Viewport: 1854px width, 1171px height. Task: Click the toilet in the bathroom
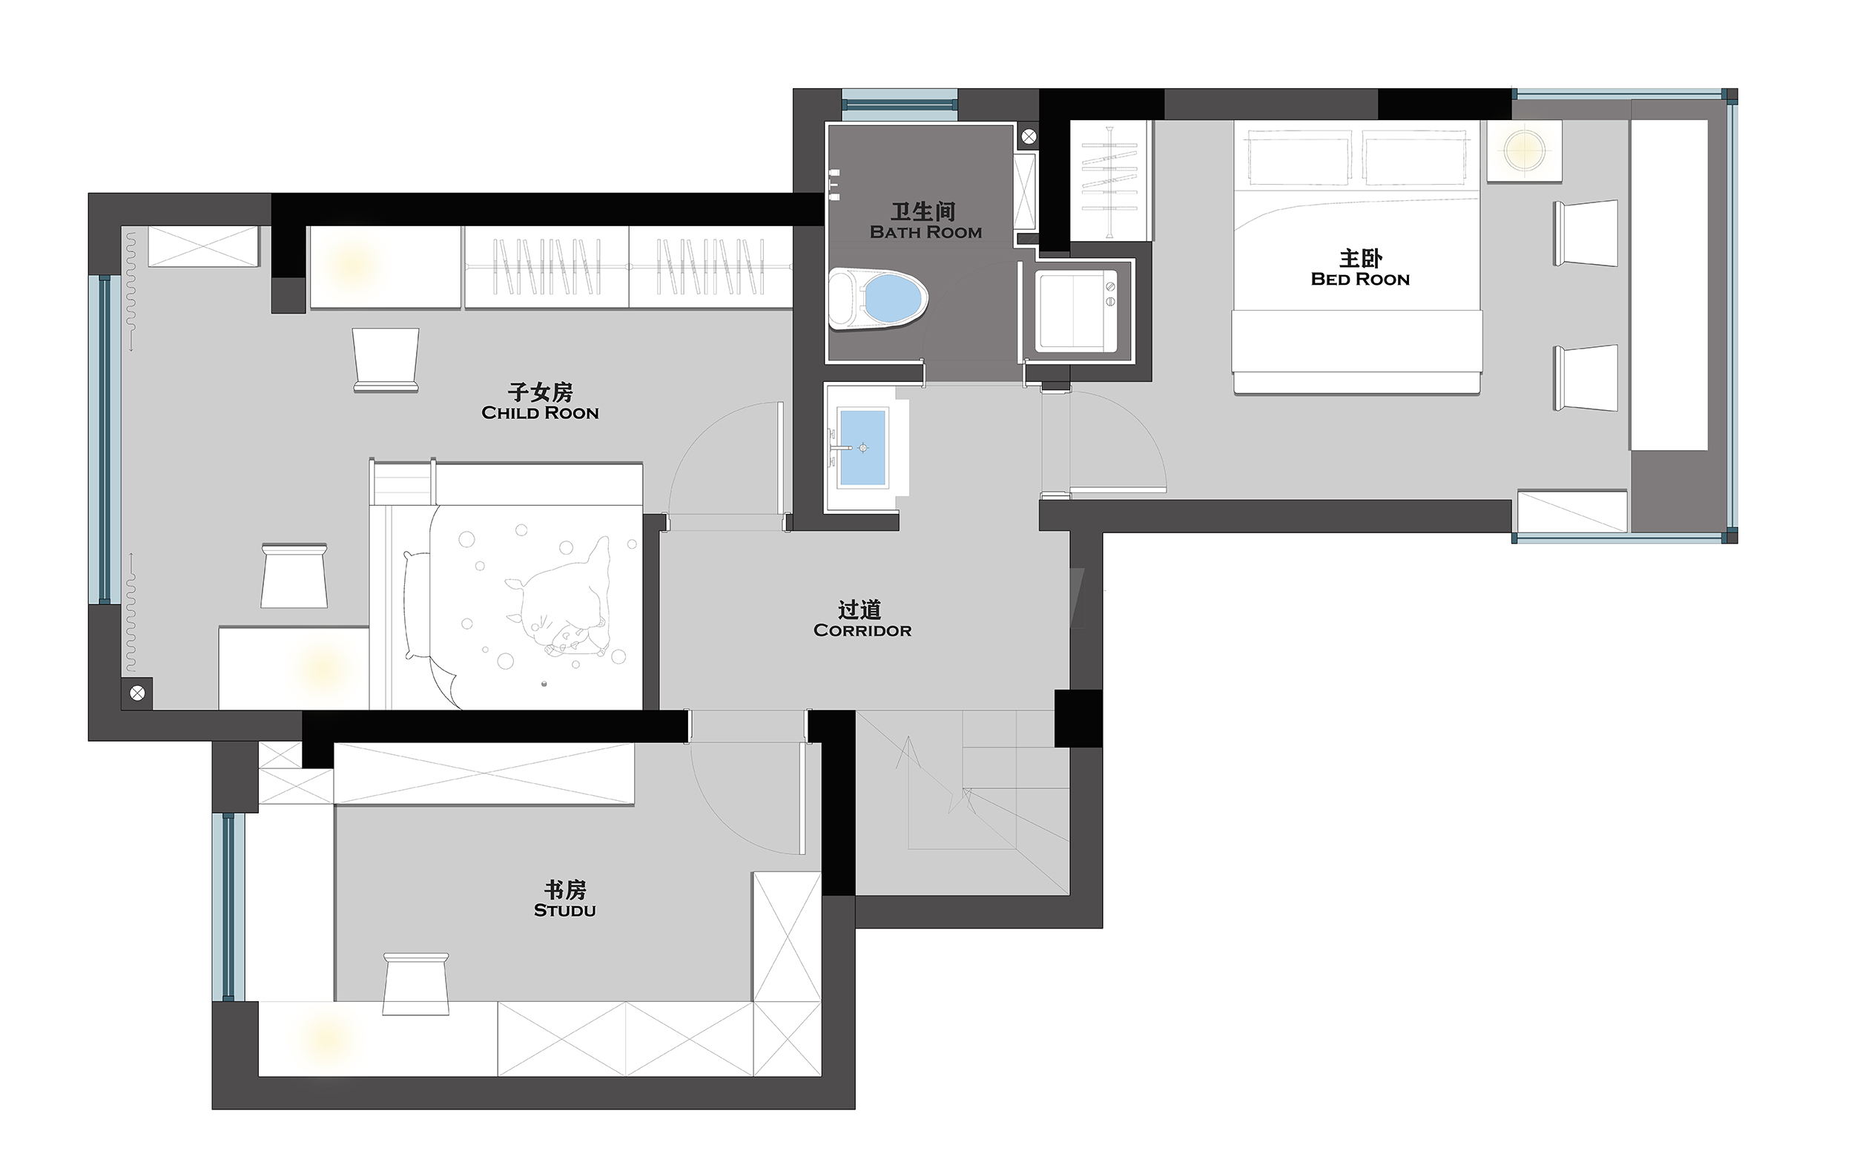click(879, 299)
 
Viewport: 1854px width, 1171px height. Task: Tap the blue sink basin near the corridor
click(862, 447)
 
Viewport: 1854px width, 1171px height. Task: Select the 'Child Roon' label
click(540, 412)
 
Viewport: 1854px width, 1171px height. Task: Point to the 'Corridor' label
click(862, 630)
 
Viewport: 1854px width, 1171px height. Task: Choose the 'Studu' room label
click(564, 910)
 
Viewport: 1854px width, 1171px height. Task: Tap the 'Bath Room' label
click(926, 233)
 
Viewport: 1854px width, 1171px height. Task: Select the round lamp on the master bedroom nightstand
click(1524, 151)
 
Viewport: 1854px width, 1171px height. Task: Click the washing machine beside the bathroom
click(1075, 311)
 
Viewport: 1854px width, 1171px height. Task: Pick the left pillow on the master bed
click(1299, 157)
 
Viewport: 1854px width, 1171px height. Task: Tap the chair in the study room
click(416, 984)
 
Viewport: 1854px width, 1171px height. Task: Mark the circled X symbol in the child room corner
click(137, 693)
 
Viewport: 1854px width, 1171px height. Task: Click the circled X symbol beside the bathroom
click(1029, 137)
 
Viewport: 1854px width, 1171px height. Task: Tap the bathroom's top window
click(900, 100)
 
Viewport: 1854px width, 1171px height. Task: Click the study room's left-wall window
click(228, 906)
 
